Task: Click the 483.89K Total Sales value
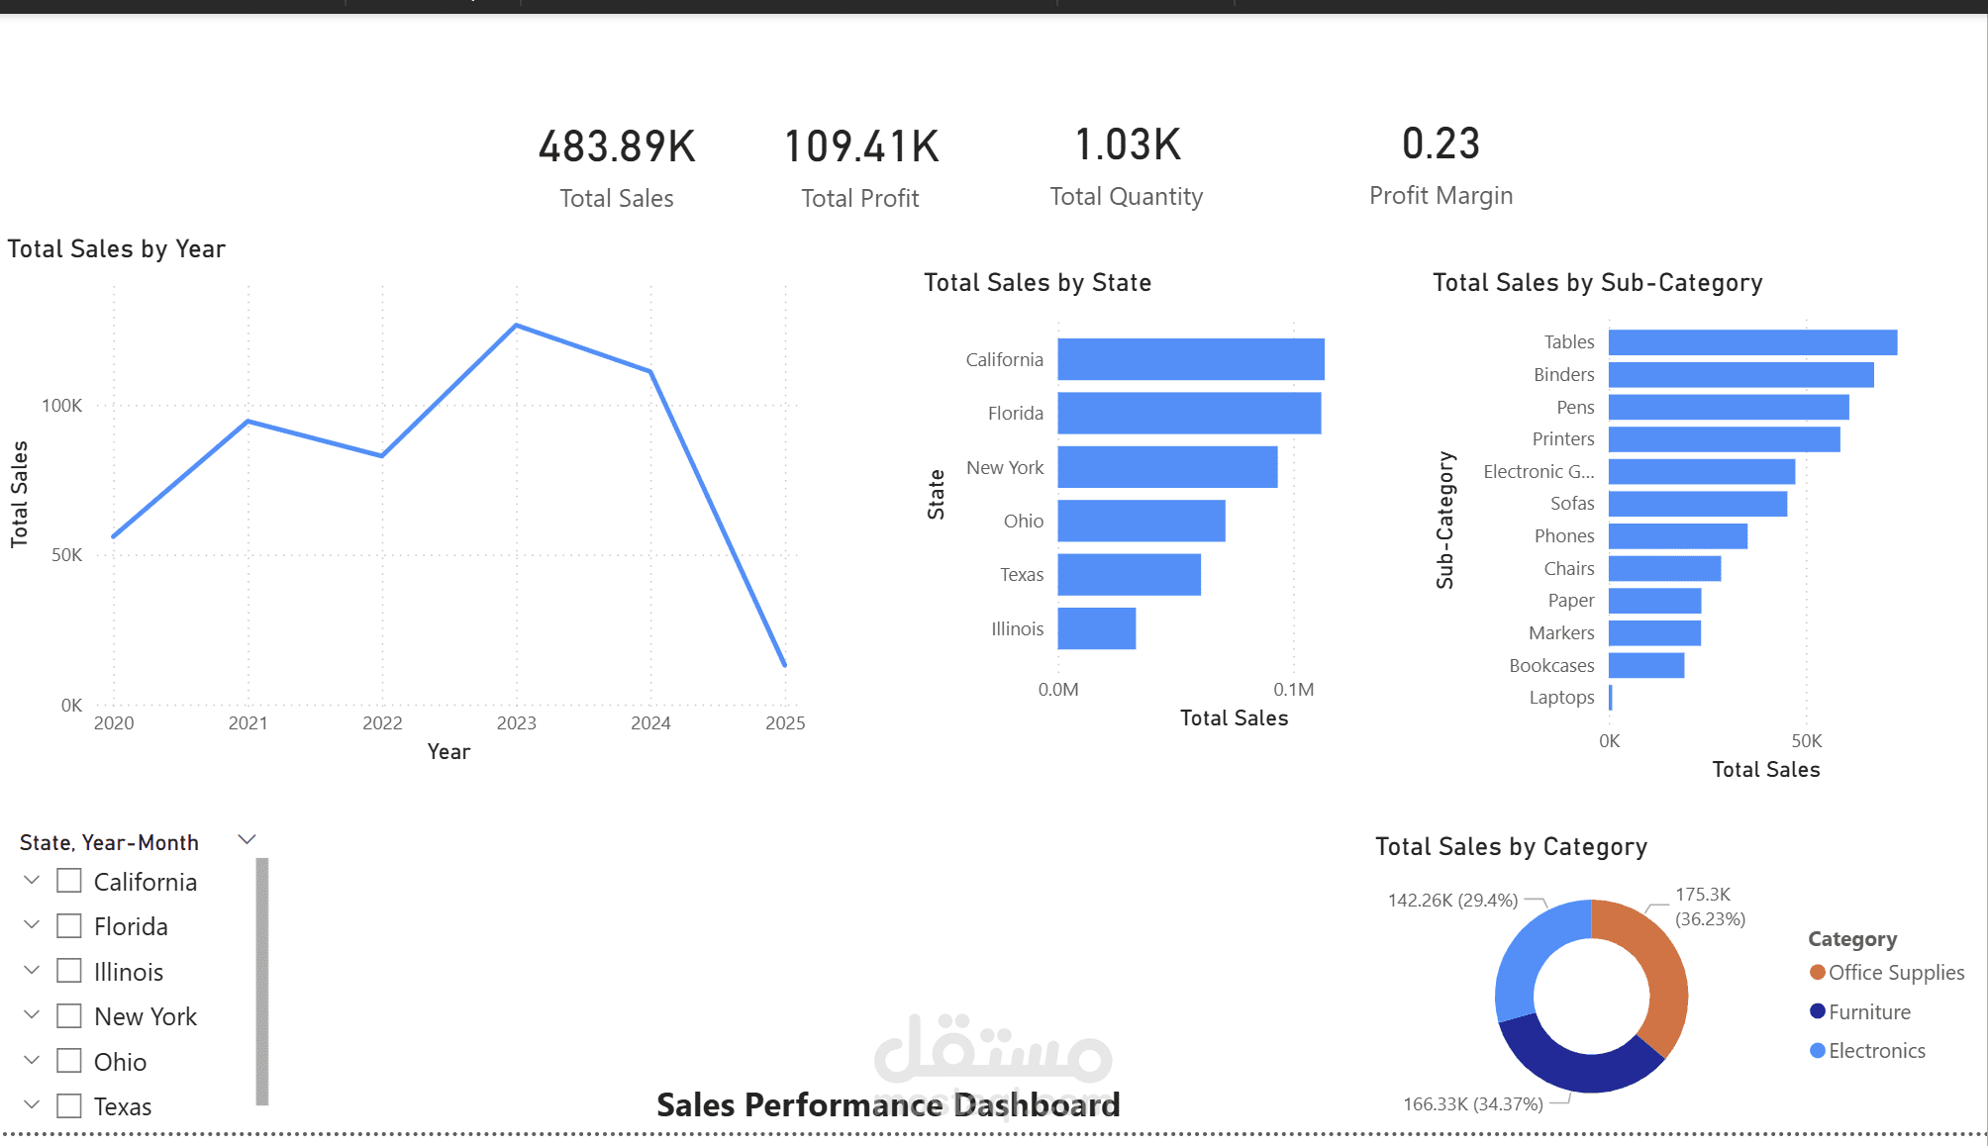pos(617,146)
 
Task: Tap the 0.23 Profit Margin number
pos(1441,144)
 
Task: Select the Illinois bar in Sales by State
pos(1096,628)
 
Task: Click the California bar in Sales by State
pos(1190,359)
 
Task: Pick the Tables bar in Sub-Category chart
pos(1752,342)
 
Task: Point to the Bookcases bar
pos(1646,665)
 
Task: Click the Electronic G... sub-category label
pos(1539,472)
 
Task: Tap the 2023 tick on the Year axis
pos(516,723)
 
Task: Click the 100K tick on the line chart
pos(61,406)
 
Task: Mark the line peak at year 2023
pos(516,326)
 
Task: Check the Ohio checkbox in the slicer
pos(69,1061)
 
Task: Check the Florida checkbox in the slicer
pos(69,926)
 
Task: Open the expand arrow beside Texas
pos(32,1104)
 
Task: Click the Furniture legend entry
pos(1868,1012)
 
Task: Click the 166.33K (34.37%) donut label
pos(1472,1104)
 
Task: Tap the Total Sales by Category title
pos(1511,847)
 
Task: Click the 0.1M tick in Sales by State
pos(1293,690)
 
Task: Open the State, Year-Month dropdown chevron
pos(248,840)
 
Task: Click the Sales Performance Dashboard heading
pos(888,1105)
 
